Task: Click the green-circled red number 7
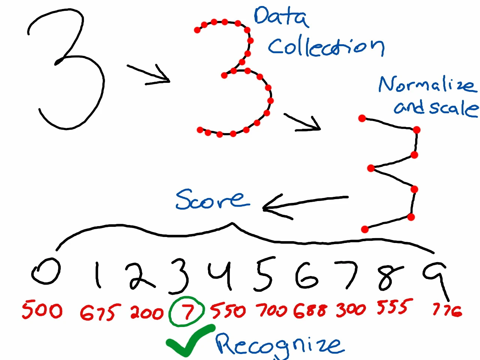tap(187, 311)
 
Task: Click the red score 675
tap(100, 312)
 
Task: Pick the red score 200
tap(147, 312)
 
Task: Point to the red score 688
tap(310, 310)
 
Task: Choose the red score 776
tap(447, 310)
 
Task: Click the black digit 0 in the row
tap(46, 271)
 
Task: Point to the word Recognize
tap(279, 344)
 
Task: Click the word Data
tap(281, 17)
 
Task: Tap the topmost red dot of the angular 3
tap(362, 118)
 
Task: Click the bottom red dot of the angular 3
tap(364, 229)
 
